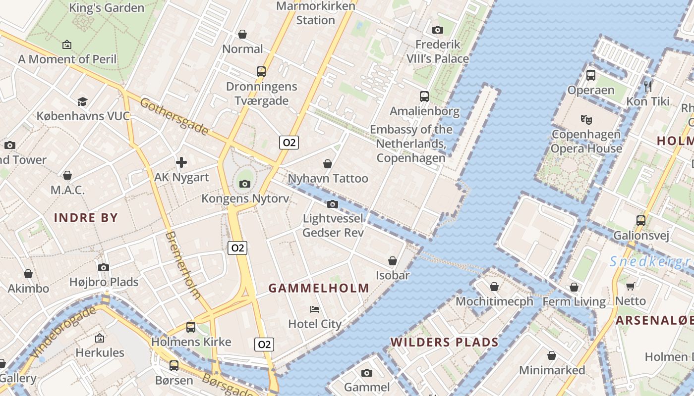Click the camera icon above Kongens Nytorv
[x=244, y=184]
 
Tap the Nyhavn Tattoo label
[x=328, y=178]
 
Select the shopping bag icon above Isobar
[x=393, y=261]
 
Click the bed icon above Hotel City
[x=315, y=309]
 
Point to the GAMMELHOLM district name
[x=319, y=288]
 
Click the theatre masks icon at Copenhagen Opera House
[x=586, y=119]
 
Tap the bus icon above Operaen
[x=591, y=75]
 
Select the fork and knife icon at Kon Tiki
[x=648, y=86]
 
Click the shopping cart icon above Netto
[x=631, y=286]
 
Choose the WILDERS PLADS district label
[x=444, y=342]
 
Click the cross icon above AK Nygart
[x=181, y=162]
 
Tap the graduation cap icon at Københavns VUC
[x=83, y=101]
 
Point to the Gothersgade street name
[x=174, y=117]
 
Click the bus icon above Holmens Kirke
[x=191, y=327]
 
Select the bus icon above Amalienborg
[x=424, y=96]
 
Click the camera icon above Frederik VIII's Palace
[x=437, y=30]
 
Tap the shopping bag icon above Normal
[x=242, y=34]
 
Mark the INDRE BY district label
[x=86, y=218]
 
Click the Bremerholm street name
[x=183, y=265]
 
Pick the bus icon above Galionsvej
[x=641, y=220]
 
